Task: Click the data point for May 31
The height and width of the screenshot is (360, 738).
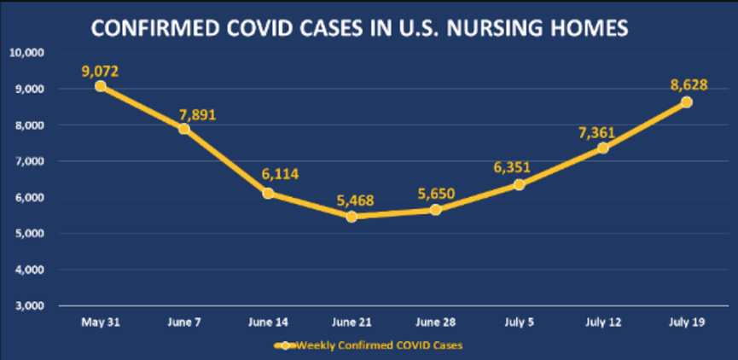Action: pos(101,86)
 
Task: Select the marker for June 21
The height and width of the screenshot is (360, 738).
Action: pos(352,216)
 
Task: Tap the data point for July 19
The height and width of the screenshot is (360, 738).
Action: pos(686,102)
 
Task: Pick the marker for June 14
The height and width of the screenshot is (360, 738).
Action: pos(268,193)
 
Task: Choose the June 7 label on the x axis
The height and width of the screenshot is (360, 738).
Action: pos(184,322)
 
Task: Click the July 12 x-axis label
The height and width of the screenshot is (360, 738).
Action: pos(602,322)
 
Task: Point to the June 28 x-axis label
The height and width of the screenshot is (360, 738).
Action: pos(435,322)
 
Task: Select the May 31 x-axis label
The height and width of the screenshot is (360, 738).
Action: pos(101,322)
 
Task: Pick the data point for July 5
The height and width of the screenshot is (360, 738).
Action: pos(519,184)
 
